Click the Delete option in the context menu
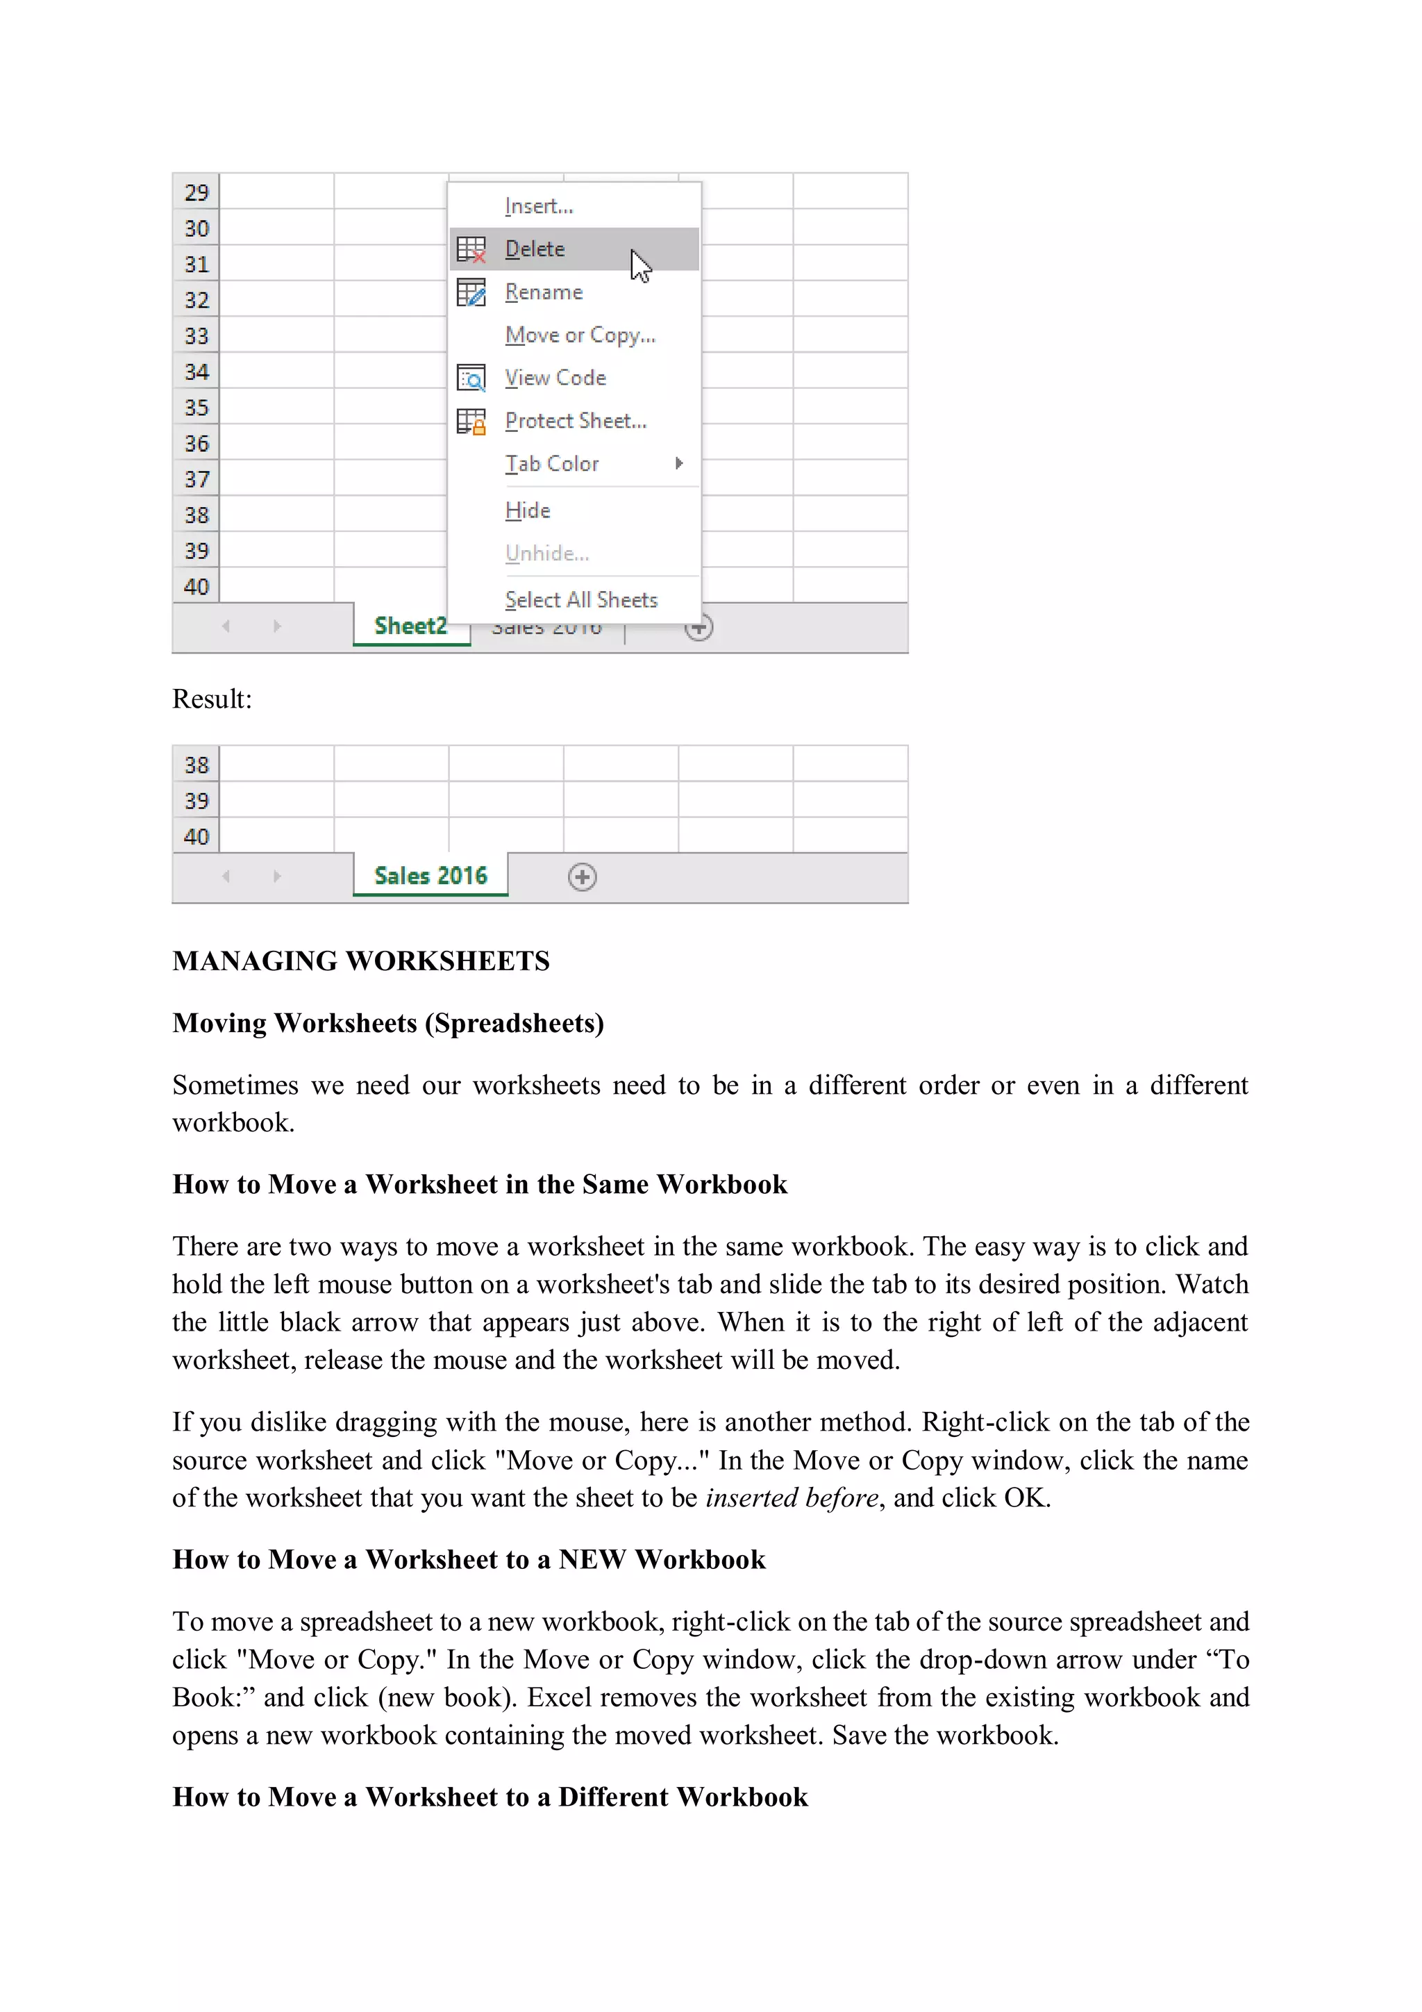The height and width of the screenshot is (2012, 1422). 535,249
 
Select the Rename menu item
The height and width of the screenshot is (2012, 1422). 543,292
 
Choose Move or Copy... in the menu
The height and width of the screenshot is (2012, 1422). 579,335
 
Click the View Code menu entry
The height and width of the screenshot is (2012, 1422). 555,378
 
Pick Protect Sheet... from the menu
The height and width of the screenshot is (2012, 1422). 575,421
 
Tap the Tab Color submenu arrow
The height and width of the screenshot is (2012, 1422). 679,463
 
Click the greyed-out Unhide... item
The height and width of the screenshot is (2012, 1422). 546,553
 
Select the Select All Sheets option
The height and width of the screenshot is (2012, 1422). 581,599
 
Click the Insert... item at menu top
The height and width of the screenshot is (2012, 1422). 539,206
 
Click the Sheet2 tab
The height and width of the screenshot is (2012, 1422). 410,626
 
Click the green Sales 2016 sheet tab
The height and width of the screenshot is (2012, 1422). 430,875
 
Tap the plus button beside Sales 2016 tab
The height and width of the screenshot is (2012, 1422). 583,876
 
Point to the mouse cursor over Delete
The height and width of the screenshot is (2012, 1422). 639,265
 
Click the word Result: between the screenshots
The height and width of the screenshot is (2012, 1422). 212,699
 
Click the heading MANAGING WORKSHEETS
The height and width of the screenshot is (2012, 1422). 361,961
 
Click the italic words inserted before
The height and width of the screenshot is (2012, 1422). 791,1497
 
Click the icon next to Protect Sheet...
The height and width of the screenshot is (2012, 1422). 471,422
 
